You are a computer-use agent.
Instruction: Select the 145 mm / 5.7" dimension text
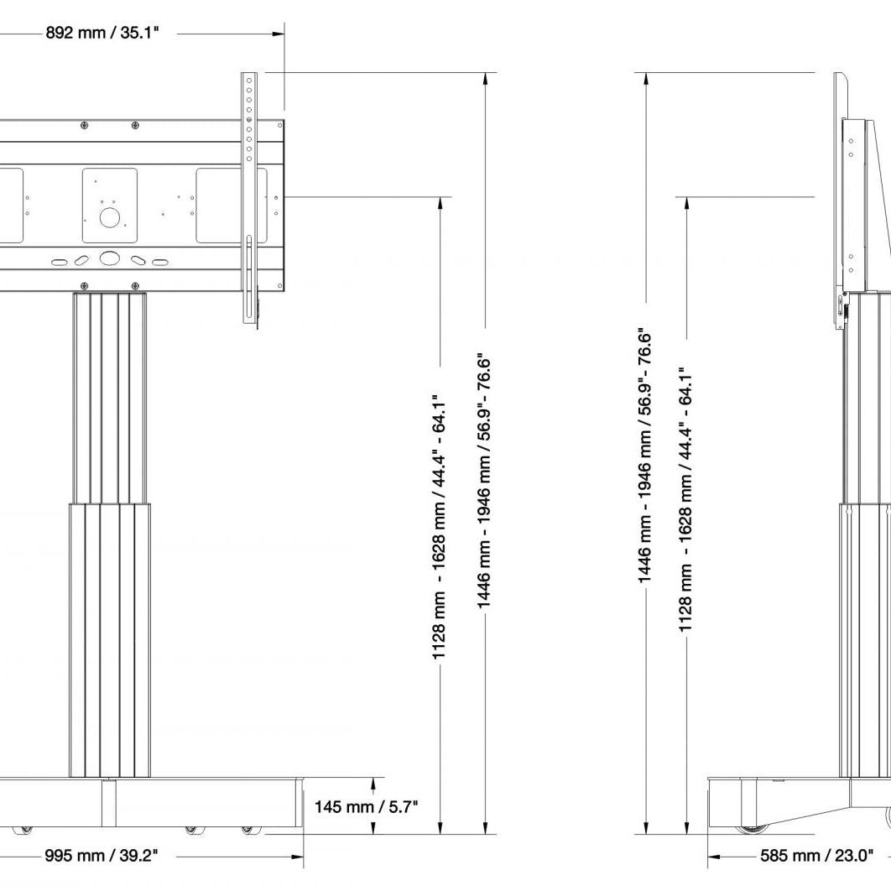(x=366, y=807)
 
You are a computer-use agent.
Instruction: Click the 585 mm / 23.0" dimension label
(x=816, y=856)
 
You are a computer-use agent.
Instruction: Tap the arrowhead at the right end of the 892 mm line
(x=279, y=34)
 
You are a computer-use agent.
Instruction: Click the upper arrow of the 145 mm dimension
(x=373, y=784)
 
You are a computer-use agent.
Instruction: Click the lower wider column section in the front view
(x=110, y=638)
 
